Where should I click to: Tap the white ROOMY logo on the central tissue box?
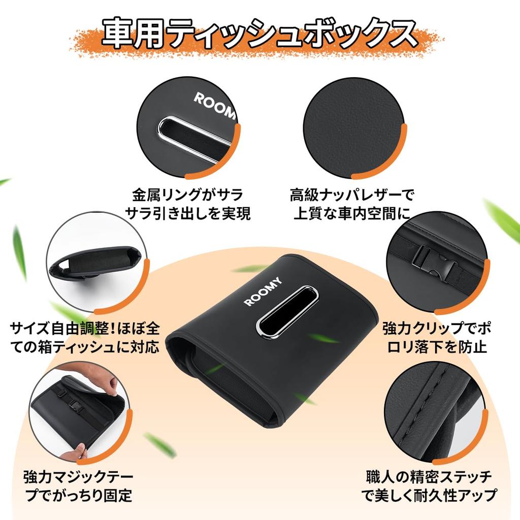263,292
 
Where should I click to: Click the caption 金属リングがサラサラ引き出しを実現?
188,204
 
